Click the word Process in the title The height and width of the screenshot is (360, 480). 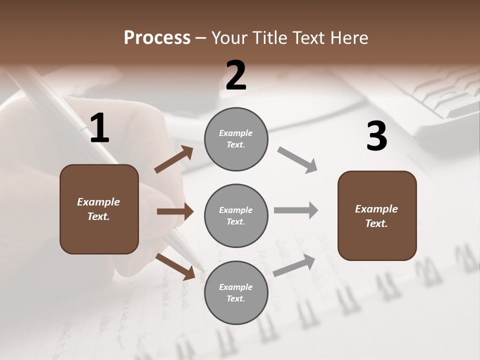(157, 38)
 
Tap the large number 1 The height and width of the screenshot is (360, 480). (99, 128)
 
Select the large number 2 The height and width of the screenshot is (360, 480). (236, 75)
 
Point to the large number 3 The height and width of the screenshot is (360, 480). (376, 136)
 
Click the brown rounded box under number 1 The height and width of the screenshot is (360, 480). (99, 209)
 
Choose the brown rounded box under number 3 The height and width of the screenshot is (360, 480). (377, 215)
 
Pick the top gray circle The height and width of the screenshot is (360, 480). (236, 139)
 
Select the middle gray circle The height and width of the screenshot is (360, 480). (236, 215)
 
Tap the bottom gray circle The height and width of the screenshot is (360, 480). (236, 292)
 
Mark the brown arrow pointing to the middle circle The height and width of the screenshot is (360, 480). (175, 211)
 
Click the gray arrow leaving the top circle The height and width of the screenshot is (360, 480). (297, 160)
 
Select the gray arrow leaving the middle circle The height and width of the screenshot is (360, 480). (296, 210)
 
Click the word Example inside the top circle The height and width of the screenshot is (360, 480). (236, 133)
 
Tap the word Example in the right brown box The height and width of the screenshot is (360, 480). (376, 209)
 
